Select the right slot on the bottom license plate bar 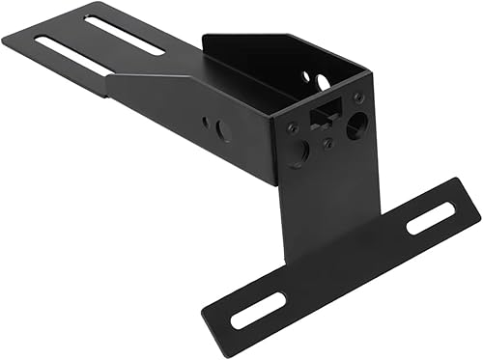pyautogui.click(x=425, y=221)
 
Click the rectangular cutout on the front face pyautogui.click(x=320, y=117)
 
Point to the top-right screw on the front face pyautogui.click(x=359, y=98)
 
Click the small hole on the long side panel pyautogui.click(x=206, y=122)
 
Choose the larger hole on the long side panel pyautogui.click(x=223, y=130)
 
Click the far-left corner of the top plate pyautogui.click(x=4, y=40)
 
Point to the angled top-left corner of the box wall pyautogui.click(x=206, y=39)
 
